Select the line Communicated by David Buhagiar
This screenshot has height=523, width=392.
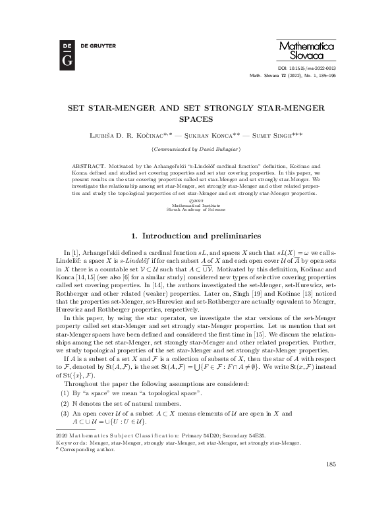click(x=195, y=149)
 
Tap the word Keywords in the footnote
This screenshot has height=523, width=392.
click(x=69, y=443)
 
